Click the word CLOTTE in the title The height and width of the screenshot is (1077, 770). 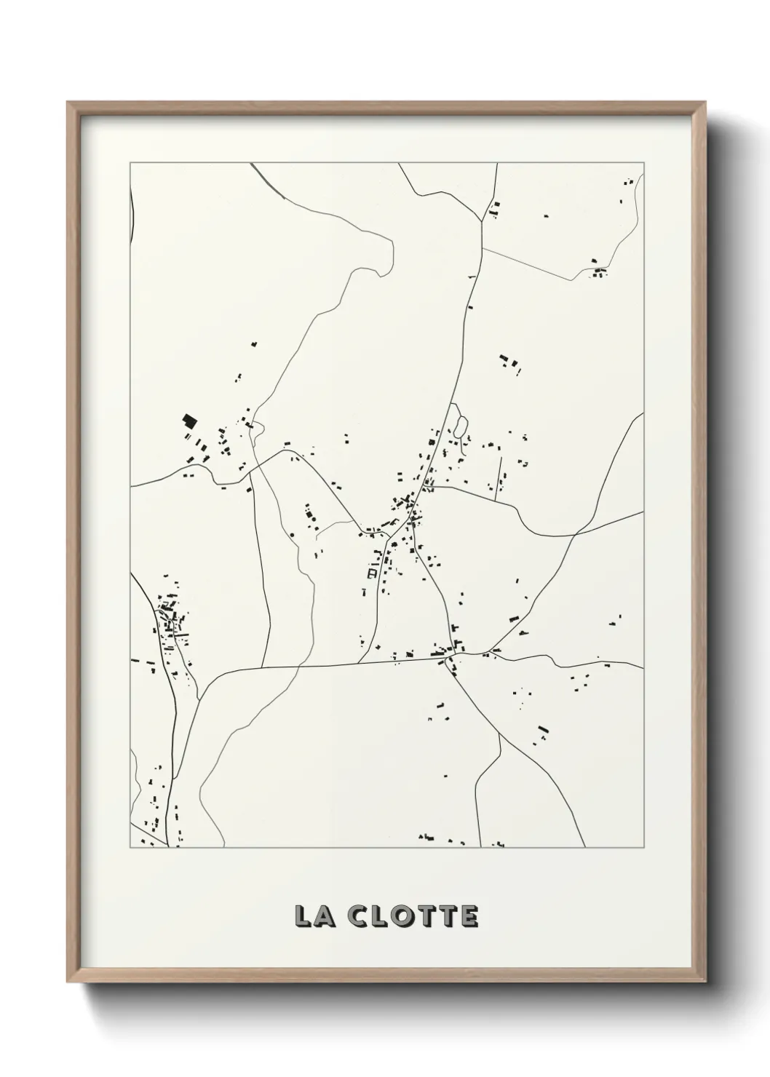point(413,916)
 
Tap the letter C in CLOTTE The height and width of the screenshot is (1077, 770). point(358,916)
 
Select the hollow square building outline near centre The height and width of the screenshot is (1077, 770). point(371,573)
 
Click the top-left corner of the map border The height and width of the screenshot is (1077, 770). point(130,163)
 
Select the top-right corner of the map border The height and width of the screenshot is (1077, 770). point(643,163)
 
